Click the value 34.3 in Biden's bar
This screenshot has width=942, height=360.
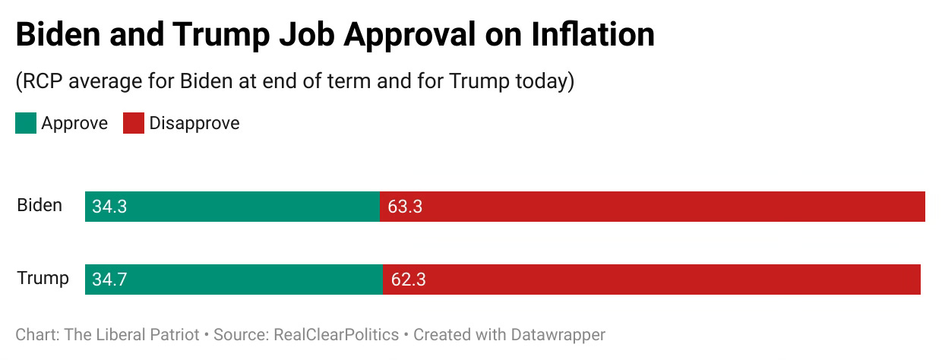coord(109,207)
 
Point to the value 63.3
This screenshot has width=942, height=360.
coord(405,207)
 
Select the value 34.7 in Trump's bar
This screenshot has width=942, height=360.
coord(109,279)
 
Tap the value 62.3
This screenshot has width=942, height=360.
coord(408,279)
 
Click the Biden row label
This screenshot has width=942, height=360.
coord(40,205)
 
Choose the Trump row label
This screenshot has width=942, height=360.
coord(43,278)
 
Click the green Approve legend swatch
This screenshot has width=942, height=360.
coord(26,124)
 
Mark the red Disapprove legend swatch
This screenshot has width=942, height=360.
coord(134,124)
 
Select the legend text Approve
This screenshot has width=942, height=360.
coord(74,123)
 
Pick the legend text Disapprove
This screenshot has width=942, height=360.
coord(194,123)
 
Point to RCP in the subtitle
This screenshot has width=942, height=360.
coord(44,81)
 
